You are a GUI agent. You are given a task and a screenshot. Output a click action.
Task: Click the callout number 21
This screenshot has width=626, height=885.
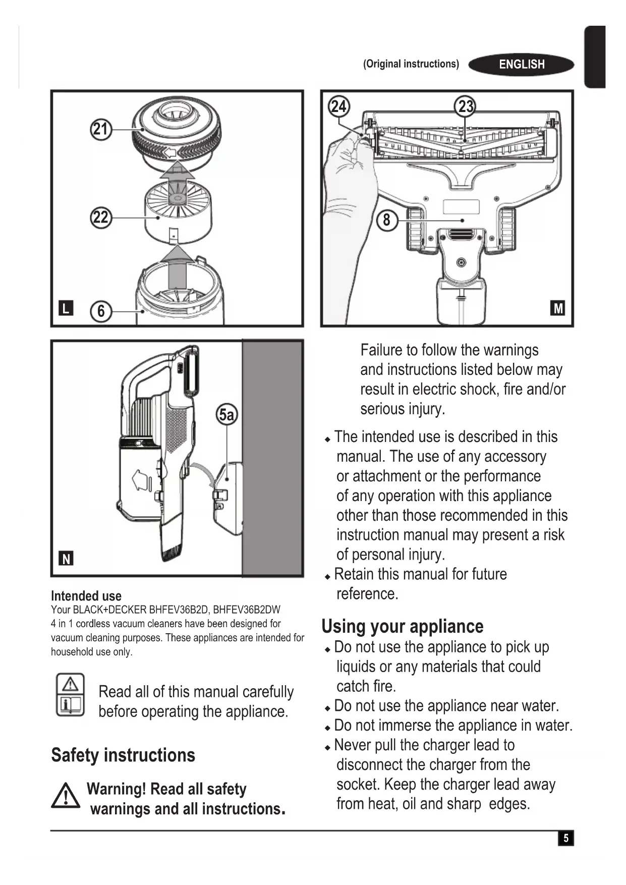coord(101,130)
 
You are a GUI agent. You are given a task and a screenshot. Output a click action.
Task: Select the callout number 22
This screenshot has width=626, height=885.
coord(101,217)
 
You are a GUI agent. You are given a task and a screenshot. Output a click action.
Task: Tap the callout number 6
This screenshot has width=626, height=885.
coord(101,311)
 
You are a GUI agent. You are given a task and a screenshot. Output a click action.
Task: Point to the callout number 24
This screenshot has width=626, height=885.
coord(338,106)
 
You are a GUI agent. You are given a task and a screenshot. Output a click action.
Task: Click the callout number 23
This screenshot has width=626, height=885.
coord(465,106)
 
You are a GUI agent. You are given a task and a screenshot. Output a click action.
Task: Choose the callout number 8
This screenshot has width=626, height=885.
coord(387,220)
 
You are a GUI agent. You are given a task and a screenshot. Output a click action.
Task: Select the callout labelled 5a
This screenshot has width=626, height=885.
coord(227,415)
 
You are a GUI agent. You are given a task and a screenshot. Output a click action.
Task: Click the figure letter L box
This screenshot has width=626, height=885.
coord(66,308)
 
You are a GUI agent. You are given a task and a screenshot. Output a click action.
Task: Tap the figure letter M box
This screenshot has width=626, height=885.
coord(558,308)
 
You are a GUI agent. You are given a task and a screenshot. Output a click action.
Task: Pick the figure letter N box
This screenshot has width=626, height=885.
coord(66,559)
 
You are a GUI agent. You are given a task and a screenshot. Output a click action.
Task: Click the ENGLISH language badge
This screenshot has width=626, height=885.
coord(522,65)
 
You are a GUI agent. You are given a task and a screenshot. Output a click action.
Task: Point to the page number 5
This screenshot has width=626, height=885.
coord(566,838)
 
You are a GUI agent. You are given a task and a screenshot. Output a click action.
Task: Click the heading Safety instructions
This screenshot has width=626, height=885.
coord(123,755)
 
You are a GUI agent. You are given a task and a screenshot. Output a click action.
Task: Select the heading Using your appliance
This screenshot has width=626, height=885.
coord(403,626)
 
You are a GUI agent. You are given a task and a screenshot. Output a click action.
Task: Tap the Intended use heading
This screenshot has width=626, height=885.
coord(86,596)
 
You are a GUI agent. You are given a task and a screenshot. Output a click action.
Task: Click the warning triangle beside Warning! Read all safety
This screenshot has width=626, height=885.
coord(65,796)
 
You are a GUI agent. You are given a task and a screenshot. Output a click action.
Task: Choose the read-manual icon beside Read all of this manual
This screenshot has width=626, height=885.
coord(70,694)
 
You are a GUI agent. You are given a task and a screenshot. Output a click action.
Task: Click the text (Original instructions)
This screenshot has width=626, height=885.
coord(411,64)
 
